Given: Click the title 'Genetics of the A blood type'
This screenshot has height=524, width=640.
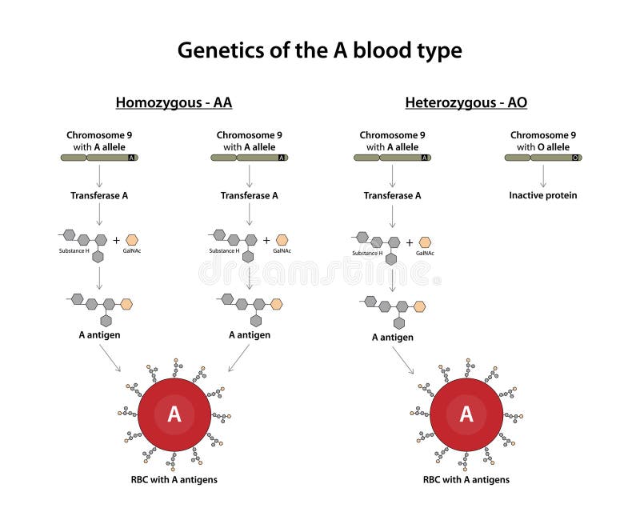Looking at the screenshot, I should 319,50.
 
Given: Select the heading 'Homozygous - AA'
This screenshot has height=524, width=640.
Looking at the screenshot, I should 174,102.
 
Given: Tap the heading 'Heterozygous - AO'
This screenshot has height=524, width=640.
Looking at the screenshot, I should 466,102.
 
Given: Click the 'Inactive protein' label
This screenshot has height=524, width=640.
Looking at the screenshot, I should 543,195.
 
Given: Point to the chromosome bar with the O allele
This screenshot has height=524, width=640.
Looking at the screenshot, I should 543,158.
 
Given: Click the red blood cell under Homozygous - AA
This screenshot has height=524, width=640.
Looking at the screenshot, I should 174,414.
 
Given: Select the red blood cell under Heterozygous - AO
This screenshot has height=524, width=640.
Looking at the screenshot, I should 466,414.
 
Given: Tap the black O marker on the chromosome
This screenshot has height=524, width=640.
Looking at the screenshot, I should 576,158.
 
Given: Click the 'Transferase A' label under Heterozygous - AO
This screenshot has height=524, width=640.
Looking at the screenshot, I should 392,195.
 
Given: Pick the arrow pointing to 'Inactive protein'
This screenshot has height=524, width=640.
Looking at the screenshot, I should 543,176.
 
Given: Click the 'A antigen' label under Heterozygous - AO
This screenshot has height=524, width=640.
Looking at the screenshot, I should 392,338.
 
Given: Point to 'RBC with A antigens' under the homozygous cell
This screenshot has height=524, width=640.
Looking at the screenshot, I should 174,480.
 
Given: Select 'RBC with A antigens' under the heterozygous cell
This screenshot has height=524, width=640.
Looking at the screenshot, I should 466,480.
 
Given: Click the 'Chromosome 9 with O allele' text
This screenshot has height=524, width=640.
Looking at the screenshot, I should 543,141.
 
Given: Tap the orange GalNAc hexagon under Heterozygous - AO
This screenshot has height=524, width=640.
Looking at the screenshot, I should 425,242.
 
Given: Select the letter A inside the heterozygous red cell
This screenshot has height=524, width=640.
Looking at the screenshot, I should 466,414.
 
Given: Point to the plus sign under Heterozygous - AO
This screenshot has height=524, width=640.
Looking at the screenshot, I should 410,242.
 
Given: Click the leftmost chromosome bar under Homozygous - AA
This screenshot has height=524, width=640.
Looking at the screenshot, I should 99,158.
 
